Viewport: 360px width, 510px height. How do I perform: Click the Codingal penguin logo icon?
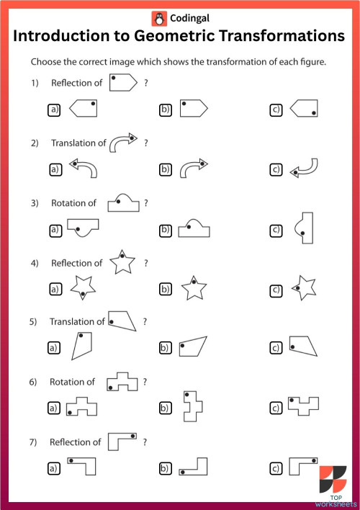[x=158, y=17]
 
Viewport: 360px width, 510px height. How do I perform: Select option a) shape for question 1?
[x=82, y=109]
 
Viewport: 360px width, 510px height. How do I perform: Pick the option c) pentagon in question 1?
[x=305, y=109]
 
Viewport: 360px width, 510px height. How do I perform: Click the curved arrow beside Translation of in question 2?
[x=122, y=142]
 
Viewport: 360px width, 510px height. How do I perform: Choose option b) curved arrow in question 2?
[x=193, y=169]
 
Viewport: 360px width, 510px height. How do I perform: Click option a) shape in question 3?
[x=83, y=229]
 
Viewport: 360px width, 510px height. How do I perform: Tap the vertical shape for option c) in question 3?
[x=305, y=228]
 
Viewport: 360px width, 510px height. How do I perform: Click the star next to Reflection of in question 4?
[x=122, y=263]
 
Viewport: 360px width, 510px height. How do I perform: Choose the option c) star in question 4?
[x=304, y=288]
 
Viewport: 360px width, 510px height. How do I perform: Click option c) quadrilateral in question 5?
[x=302, y=346]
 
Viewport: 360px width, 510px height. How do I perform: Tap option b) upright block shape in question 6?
[x=192, y=406]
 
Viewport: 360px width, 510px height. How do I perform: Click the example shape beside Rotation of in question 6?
[x=122, y=381]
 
